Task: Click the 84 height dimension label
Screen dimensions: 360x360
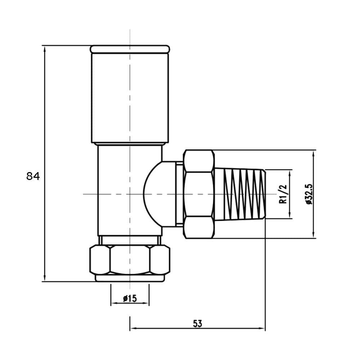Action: click(x=33, y=176)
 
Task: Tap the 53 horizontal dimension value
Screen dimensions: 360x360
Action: click(x=197, y=324)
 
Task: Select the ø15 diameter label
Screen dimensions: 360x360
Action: click(x=130, y=298)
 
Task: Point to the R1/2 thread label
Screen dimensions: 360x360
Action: click(x=283, y=194)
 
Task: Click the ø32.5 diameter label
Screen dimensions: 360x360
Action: click(x=309, y=194)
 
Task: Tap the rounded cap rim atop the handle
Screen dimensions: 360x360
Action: click(x=130, y=49)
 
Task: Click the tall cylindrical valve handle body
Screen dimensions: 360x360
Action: click(x=130, y=98)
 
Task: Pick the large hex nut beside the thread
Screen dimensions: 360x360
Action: click(x=199, y=194)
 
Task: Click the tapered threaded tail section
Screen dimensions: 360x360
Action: click(x=240, y=194)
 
